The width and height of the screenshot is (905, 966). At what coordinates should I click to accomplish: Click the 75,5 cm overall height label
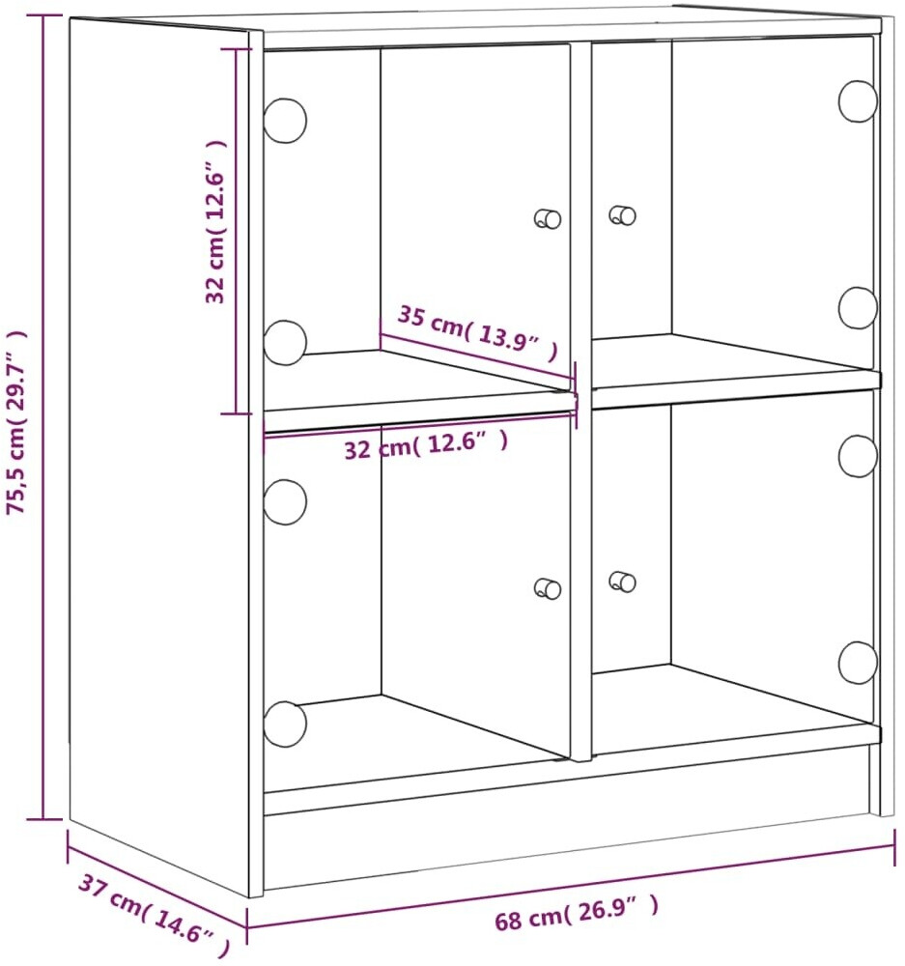tap(16, 422)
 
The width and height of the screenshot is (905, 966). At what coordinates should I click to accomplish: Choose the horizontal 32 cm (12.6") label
tap(426, 444)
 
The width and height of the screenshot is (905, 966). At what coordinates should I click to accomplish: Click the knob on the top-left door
tap(547, 218)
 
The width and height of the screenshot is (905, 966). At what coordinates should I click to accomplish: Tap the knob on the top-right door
tap(622, 215)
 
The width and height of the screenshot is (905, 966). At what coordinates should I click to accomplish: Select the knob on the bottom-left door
tap(547, 588)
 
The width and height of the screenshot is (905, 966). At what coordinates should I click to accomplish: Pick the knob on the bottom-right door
tap(622, 582)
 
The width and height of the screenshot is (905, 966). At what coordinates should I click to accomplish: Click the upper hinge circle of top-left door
tap(285, 120)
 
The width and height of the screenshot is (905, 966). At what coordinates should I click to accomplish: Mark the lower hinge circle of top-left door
tap(285, 343)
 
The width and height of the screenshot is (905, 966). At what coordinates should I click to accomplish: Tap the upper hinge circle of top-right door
tap(858, 101)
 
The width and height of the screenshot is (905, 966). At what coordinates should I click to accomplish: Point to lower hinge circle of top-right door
tap(858, 307)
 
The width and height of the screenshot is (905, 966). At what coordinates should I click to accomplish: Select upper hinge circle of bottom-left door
tap(285, 502)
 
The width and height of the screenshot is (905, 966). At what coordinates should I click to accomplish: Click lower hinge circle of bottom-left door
tap(285, 724)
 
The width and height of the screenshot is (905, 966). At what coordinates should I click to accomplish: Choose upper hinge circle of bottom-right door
tap(858, 456)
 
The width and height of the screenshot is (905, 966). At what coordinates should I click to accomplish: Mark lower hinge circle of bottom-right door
tap(858, 663)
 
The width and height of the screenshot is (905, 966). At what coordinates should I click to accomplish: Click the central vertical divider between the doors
tap(580, 401)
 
